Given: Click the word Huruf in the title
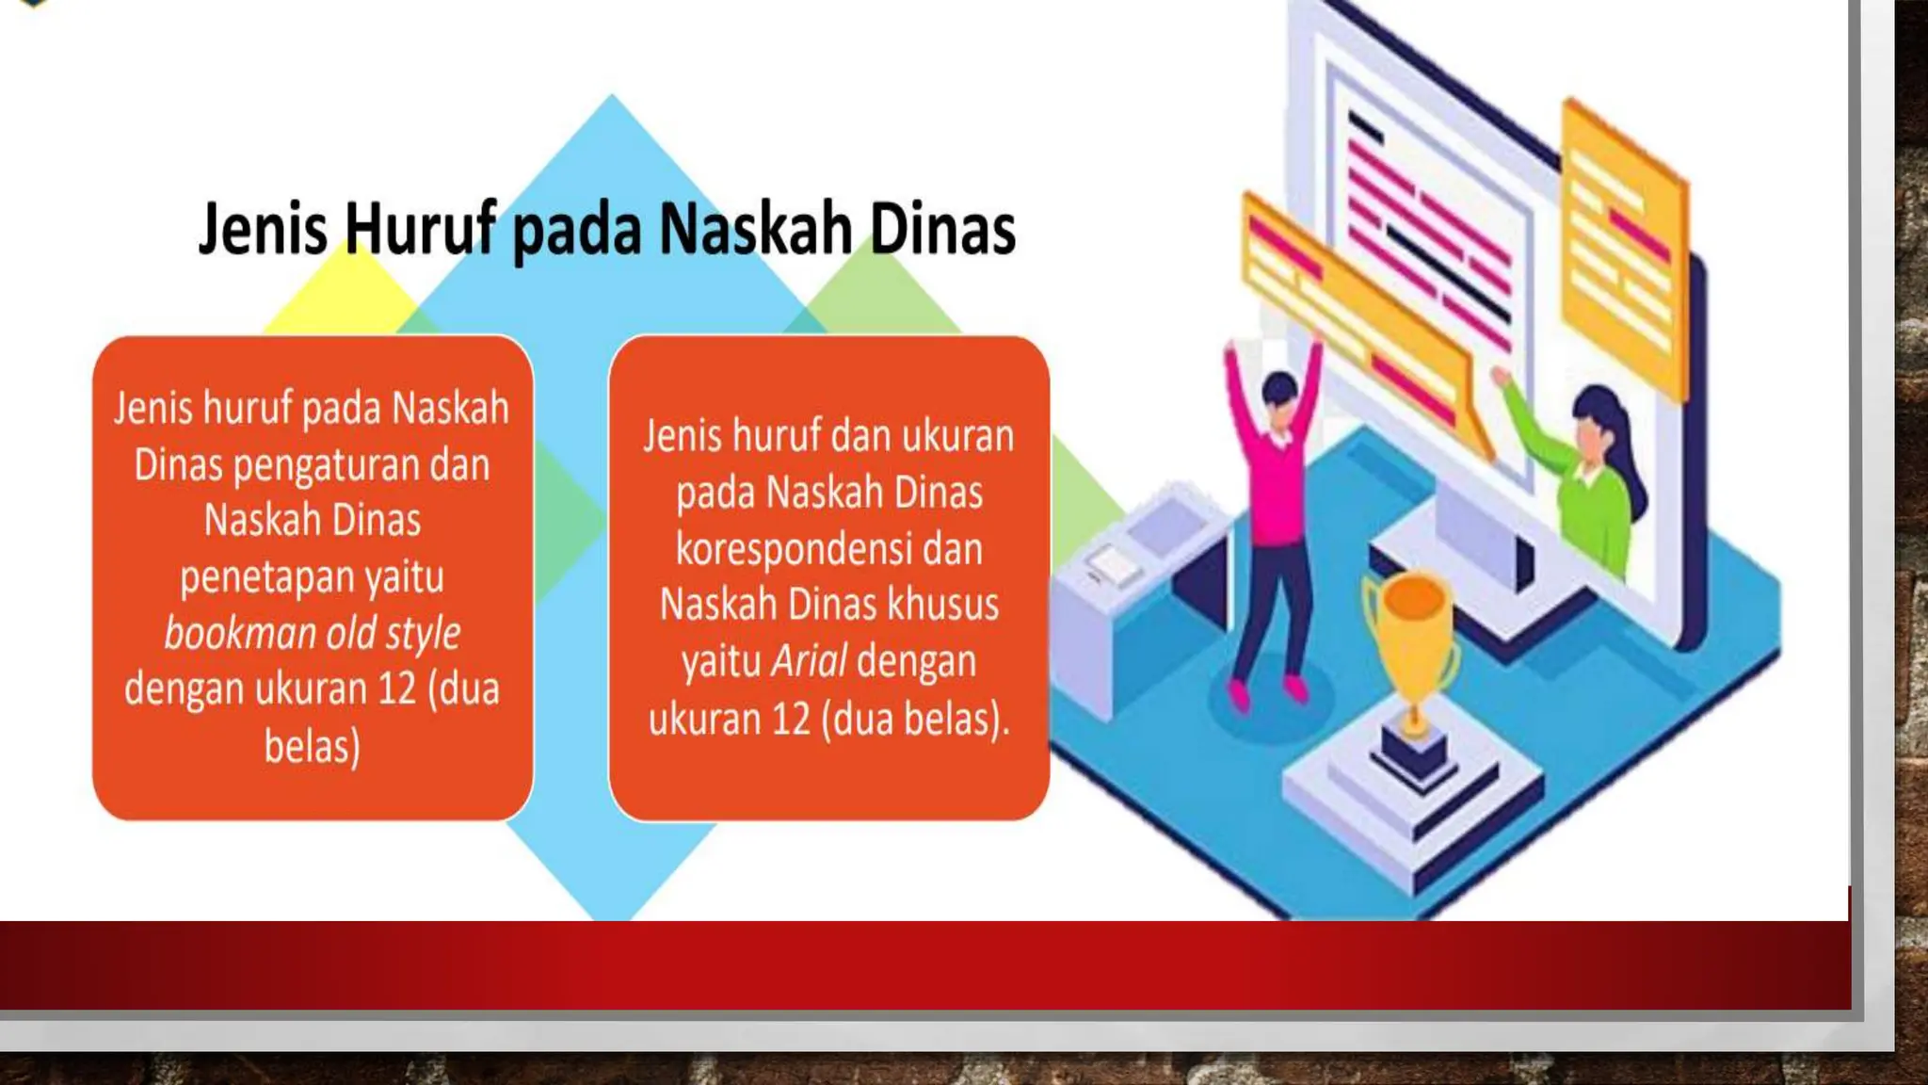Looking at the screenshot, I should pyautogui.click(x=419, y=229).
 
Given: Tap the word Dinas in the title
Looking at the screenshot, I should pyautogui.click(x=942, y=229).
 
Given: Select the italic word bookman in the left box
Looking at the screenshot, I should pyautogui.click(x=239, y=633).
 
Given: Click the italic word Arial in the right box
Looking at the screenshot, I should pyautogui.click(x=809, y=660).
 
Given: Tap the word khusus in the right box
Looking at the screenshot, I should pyautogui.click(x=942, y=604).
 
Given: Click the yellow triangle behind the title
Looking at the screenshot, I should pyautogui.click(x=344, y=292).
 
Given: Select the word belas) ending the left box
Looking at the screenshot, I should pyautogui.click(x=312, y=746).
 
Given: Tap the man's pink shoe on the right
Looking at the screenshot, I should pyautogui.click(x=1296, y=690).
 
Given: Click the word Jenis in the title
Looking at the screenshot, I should pyautogui.click(x=263, y=229).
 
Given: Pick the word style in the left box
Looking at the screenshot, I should pyautogui.click(x=423, y=633).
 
